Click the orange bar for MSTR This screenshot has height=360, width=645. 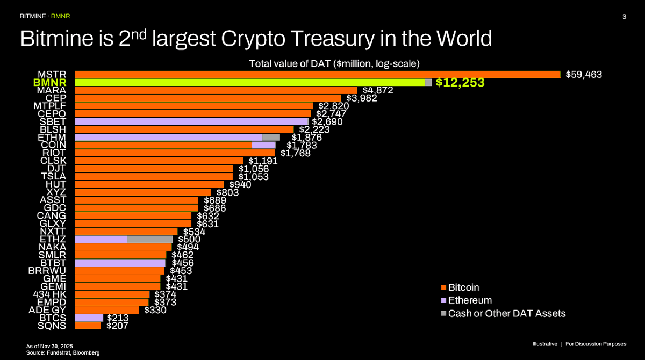click(317, 74)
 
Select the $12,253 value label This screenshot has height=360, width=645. click(460, 83)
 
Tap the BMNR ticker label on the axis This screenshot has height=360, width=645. click(50, 83)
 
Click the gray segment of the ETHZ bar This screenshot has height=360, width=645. click(149, 239)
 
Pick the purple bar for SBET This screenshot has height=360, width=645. click(191, 121)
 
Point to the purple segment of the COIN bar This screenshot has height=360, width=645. click(263, 145)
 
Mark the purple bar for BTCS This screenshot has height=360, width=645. click(89, 318)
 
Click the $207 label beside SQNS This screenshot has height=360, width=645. click(117, 326)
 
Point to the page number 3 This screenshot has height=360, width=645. click(624, 17)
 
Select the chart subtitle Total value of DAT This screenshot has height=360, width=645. click(334, 63)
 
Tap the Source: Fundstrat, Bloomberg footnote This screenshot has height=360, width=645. click(63, 352)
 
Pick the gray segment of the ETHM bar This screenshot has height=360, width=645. click(271, 137)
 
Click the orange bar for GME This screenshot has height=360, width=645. click(117, 278)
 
